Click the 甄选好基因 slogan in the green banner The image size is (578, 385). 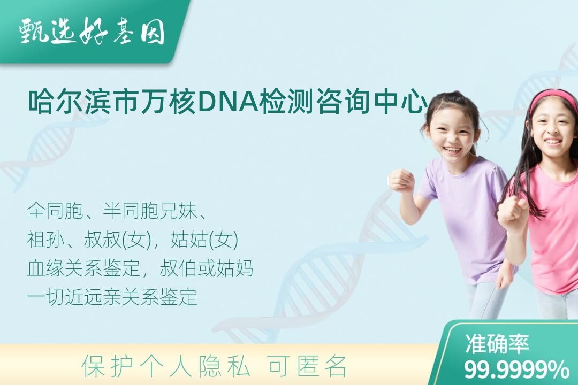[92, 32]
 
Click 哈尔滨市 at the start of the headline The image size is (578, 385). [83, 102]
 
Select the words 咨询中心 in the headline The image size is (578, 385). [371, 102]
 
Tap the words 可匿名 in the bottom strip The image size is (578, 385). [307, 366]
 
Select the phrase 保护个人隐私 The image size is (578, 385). [165, 366]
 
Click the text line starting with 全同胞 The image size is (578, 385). [116, 211]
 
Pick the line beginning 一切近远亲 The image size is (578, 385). [112, 297]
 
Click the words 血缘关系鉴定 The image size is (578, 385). [83, 268]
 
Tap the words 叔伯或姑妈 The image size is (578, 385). [207, 268]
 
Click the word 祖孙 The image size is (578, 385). [45, 240]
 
